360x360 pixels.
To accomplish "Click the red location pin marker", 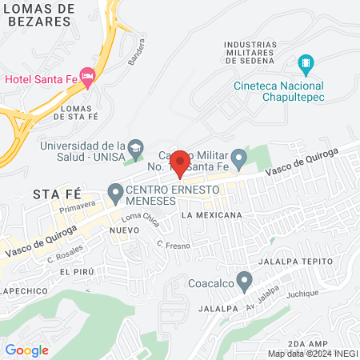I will (180, 162).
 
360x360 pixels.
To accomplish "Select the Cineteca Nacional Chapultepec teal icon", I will (305, 63).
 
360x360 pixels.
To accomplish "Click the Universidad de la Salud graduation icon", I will (137, 147).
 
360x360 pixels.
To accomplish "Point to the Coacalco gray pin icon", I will (245, 280).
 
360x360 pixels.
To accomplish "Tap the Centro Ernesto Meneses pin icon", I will (115, 192).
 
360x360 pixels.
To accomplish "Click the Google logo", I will (26, 350).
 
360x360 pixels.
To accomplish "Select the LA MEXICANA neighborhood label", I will (211, 216).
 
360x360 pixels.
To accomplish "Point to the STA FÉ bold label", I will (57, 194).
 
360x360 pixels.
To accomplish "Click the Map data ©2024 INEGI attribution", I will (312, 353).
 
